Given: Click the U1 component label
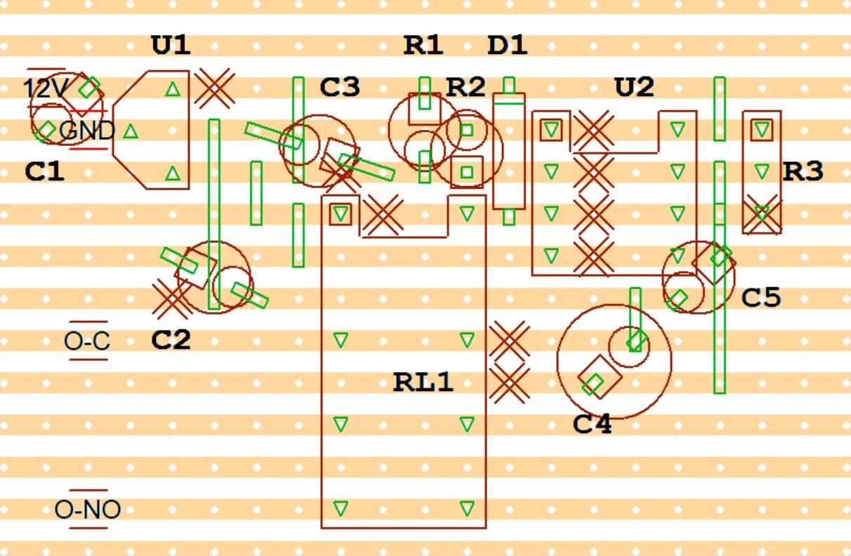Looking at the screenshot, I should pos(171,46).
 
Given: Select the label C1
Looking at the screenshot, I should pos(44,171).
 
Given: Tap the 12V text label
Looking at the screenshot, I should pos(46,89).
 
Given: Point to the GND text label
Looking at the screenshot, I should pos(87,131).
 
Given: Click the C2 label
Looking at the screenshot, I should pos(171,340).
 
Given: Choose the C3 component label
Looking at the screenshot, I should pos(339,88).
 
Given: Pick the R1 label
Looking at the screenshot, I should pos(423,46).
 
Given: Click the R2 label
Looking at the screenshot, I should pos(466,88).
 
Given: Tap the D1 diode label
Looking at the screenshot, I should pos(507,46).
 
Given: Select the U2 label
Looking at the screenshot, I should pos(634,88).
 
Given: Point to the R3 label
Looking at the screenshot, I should pos(803,171).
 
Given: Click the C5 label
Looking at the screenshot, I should pos(761,298).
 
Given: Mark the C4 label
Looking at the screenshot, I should pos(592,424).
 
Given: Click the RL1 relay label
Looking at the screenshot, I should pos(423,383).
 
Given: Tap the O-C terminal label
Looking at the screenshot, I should pos(87,341).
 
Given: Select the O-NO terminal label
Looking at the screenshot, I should pos(88,510).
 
